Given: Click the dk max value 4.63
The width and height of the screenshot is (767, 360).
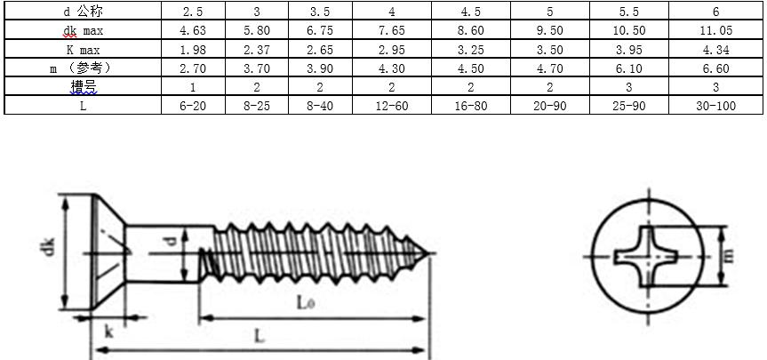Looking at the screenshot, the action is pos(193,30).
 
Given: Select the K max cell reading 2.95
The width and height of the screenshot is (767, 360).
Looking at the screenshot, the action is pos(391,50).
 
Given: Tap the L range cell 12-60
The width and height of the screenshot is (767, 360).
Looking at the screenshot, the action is pos(391,105).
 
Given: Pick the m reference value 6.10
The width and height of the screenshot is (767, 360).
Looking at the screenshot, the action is pos(628,68).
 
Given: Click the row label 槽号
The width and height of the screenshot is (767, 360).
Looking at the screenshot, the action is pos(84,86).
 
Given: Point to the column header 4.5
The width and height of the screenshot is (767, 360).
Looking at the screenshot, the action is pos(470,12).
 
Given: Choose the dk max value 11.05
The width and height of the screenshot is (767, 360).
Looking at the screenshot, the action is pos(715,30).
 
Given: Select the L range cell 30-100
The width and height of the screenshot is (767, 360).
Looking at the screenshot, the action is pos(715,105).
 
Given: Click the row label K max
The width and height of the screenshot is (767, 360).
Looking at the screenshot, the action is pos(84,50).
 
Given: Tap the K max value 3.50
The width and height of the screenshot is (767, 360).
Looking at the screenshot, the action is pos(550,50).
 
